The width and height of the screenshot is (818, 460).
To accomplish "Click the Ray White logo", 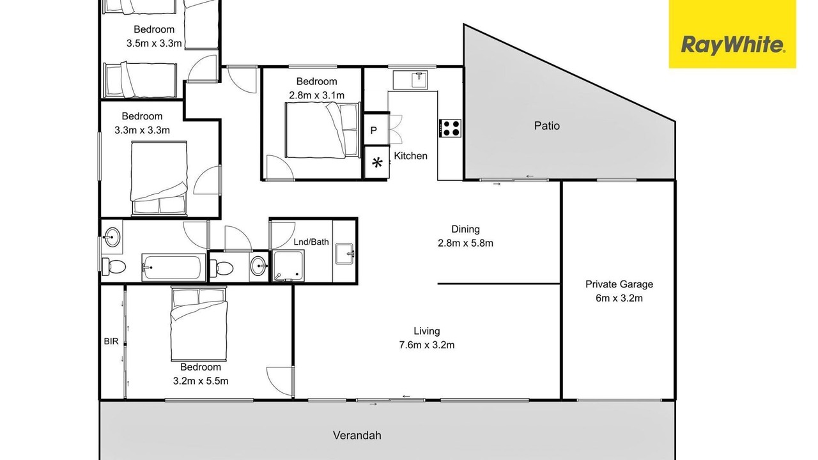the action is coord(732,34).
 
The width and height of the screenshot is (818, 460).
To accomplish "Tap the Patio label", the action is coord(546,126).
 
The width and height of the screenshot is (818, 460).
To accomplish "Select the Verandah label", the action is coord(357,435).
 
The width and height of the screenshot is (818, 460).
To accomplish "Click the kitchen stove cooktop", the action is coord(450,128).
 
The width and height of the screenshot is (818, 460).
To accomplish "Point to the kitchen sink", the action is coord(419,80).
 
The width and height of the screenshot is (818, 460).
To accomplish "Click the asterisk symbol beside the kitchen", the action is coord(377,162).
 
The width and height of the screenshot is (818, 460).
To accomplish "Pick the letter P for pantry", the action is coord(374,130).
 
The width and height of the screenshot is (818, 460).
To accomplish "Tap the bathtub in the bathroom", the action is coord(173,268).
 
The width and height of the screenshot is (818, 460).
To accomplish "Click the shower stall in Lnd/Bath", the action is coord(288,266).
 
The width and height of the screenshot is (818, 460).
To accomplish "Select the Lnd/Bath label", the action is coord(311,241).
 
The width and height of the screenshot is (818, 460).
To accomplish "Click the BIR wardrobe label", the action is coord(111,341).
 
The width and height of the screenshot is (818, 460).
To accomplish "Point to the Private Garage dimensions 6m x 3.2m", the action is coord(619,298).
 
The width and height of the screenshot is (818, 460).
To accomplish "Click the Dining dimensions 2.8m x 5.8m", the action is coord(465,243).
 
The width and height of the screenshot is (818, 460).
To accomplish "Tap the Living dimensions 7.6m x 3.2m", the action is coord(426,345).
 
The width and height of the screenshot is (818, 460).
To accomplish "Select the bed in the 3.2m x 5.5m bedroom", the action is coord(199,323).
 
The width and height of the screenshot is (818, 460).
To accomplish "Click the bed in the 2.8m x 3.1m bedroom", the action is coord(322,130).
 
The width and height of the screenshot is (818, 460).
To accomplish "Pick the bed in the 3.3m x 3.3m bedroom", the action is coord(159,178).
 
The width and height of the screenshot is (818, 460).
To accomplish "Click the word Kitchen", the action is coord(410,156).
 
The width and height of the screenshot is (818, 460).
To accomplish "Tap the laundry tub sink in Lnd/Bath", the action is coord(344,254).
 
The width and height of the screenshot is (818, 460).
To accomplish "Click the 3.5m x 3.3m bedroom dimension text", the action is coord(154,43).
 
